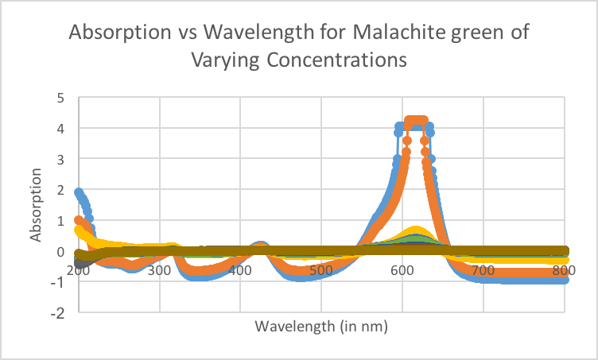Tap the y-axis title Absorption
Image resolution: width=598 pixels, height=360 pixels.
[37, 205]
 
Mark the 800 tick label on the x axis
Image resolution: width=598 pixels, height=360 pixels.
[563, 270]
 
